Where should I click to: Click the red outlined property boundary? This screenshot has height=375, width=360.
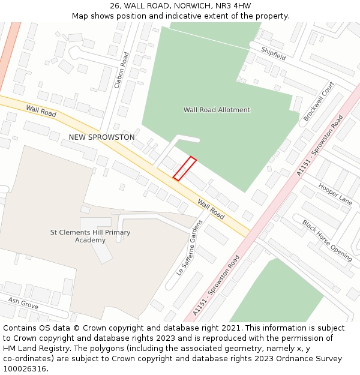(x=185, y=168)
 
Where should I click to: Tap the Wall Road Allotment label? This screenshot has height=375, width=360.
(x=217, y=110)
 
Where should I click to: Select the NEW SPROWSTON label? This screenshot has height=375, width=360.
(x=101, y=137)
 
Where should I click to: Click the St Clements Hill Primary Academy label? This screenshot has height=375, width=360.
(x=90, y=236)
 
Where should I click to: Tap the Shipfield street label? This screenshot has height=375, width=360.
(x=273, y=51)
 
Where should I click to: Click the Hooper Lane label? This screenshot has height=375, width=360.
(x=335, y=193)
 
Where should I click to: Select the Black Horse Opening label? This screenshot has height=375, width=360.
(x=327, y=240)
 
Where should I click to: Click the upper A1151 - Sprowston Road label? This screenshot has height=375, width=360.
(x=320, y=146)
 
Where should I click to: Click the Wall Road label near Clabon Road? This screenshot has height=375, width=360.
(x=41, y=110)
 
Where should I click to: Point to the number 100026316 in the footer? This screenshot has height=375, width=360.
(x=25, y=369)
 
